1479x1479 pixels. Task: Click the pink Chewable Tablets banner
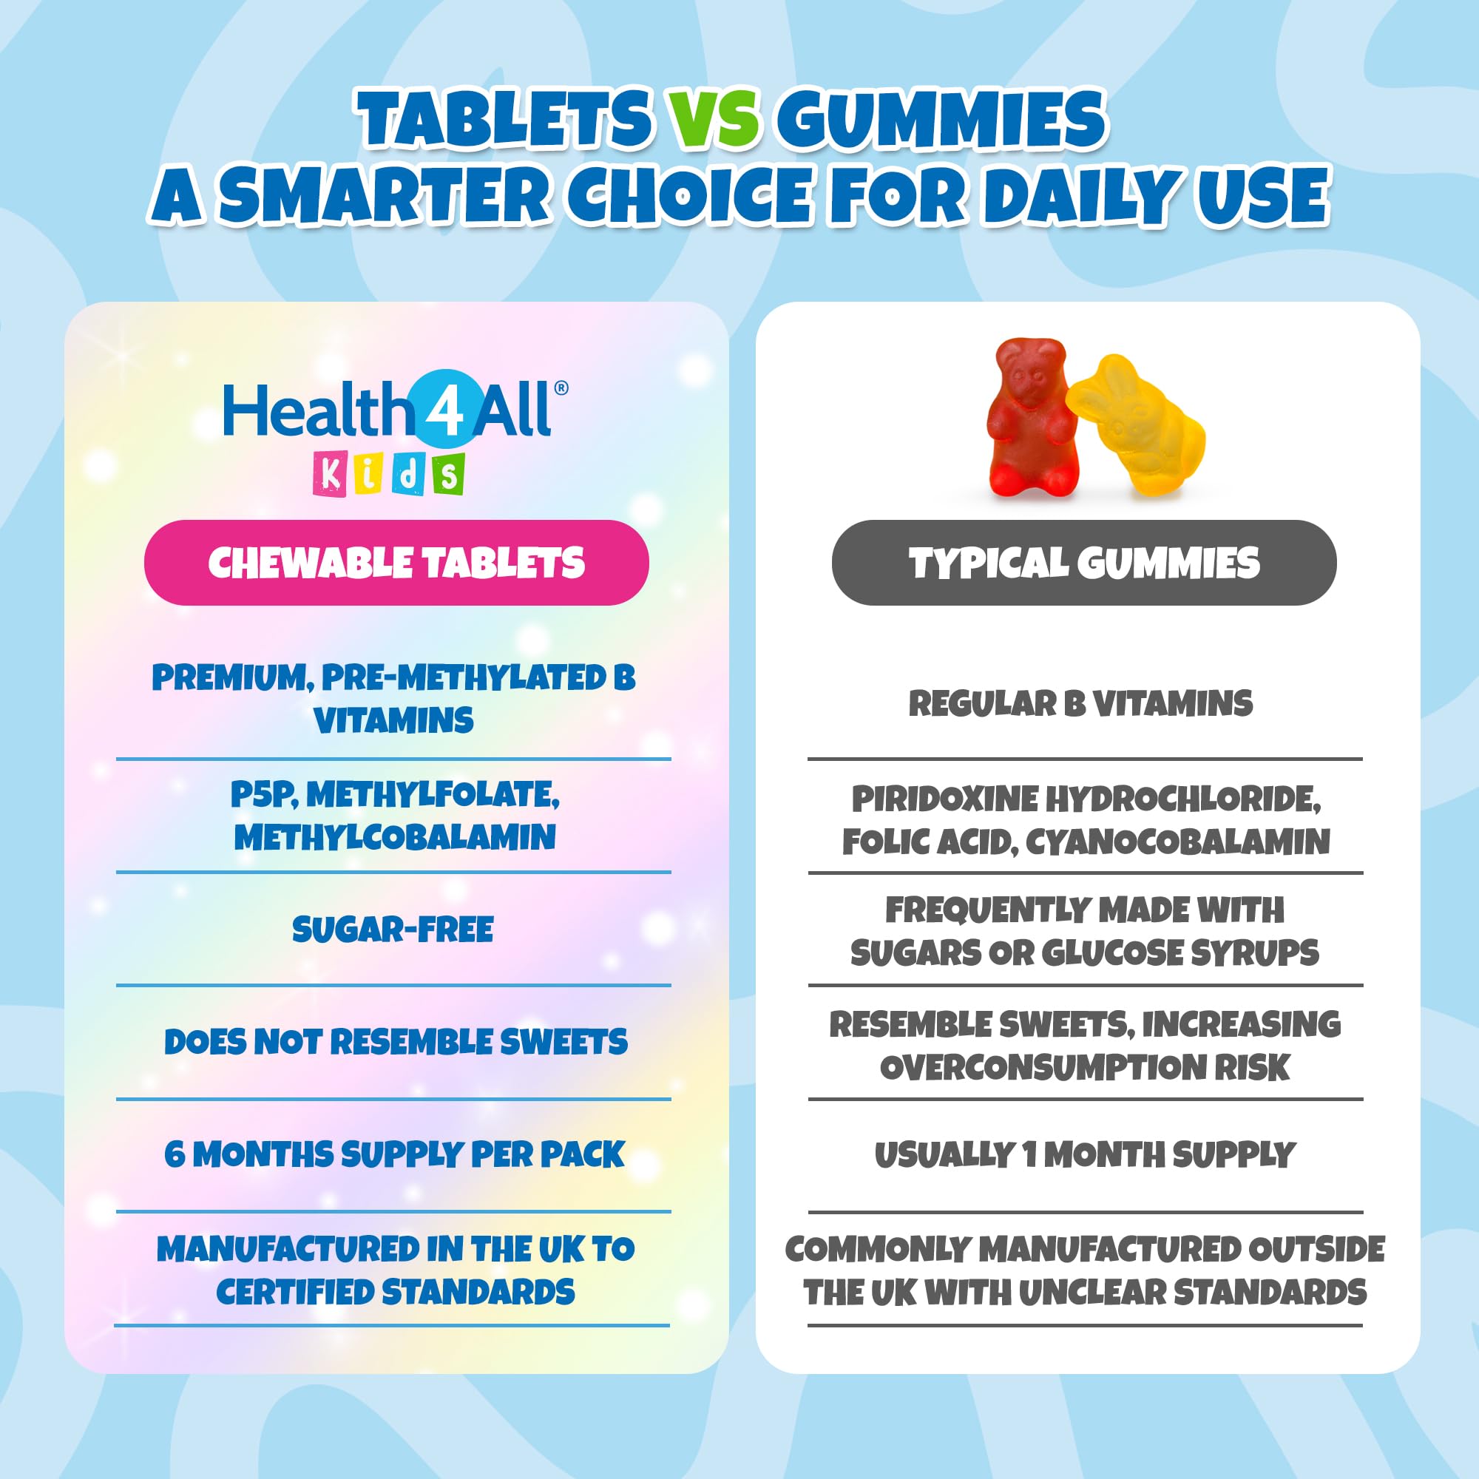pyautogui.click(x=396, y=563)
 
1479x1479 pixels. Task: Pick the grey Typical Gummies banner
pyautogui.click(x=1084, y=563)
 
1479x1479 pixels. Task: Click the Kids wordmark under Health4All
pyautogui.click(x=389, y=474)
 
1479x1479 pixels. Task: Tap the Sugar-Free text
pyautogui.click(x=393, y=930)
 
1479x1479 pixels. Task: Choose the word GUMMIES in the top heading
pyautogui.click(x=941, y=118)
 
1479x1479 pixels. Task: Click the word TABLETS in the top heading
pyautogui.click(x=505, y=118)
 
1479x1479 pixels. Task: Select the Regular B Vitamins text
pyautogui.click(x=1081, y=703)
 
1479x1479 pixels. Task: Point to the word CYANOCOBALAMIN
pyautogui.click(x=1177, y=842)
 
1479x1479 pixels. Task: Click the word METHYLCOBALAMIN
pyautogui.click(x=395, y=838)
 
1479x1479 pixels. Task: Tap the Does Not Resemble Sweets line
pyautogui.click(x=396, y=1042)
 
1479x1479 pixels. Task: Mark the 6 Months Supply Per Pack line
pyautogui.click(x=395, y=1154)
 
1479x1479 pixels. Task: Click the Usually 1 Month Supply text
pyautogui.click(x=1085, y=1154)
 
